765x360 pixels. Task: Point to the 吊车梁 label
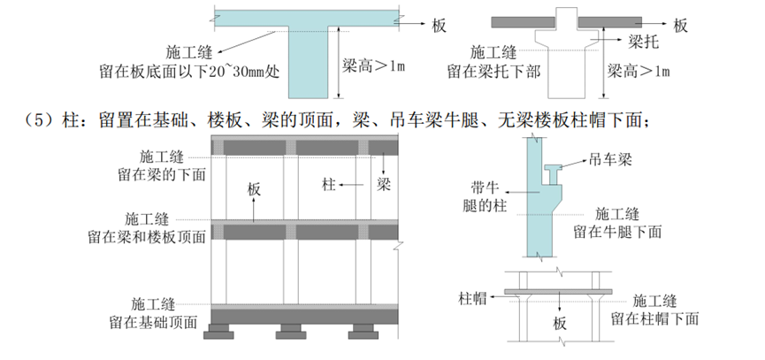[610, 161]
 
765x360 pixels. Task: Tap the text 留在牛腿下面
[618, 231]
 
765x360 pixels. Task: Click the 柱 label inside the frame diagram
[329, 185]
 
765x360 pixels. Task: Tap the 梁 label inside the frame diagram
[383, 185]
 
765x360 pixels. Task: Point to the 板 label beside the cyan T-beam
[440, 25]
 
